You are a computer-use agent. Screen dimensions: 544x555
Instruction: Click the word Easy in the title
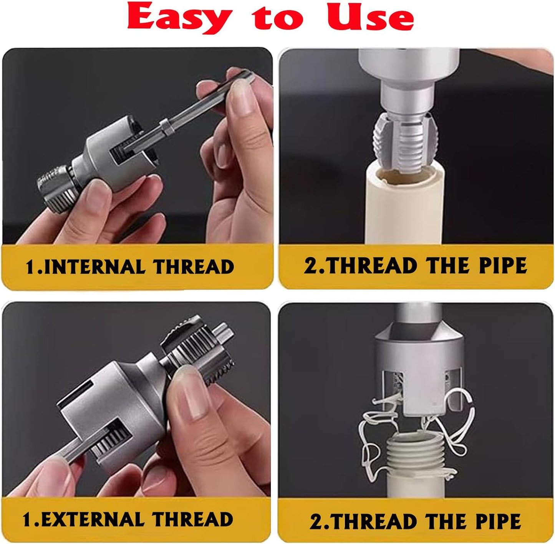point(179,17)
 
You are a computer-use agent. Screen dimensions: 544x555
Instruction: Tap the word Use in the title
point(370,17)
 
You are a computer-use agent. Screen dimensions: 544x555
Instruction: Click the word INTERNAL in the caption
point(94,267)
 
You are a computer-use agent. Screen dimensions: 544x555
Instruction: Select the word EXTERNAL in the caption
point(93,520)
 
